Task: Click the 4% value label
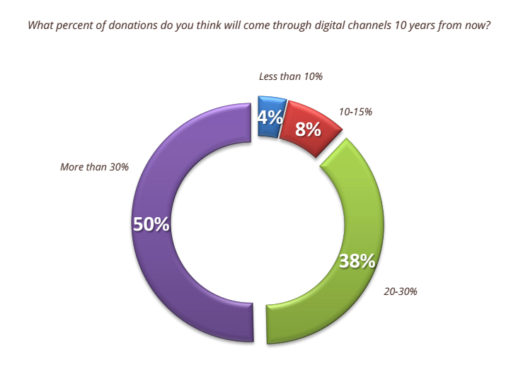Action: tap(270, 117)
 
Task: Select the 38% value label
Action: tap(356, 261)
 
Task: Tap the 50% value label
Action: tap(151, 224)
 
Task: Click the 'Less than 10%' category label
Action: tap(291, 76)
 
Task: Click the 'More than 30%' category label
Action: tap(93, 167)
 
